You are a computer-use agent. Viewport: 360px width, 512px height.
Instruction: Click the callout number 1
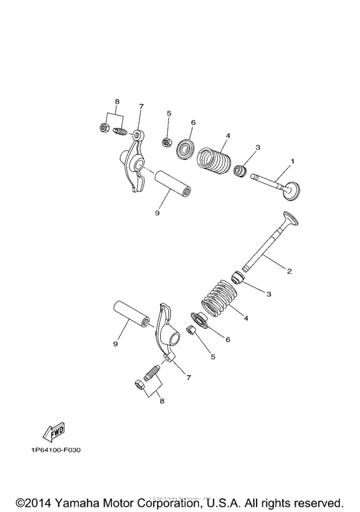click(292, 161)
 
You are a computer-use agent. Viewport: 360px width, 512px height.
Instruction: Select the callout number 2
click(289, 271)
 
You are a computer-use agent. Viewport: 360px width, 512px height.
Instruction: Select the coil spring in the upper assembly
click(213, 159)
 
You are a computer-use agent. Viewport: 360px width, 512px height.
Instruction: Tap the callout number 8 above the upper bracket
click(117, 102)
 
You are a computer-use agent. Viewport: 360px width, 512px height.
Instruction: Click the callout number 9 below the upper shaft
click(156, 213)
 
